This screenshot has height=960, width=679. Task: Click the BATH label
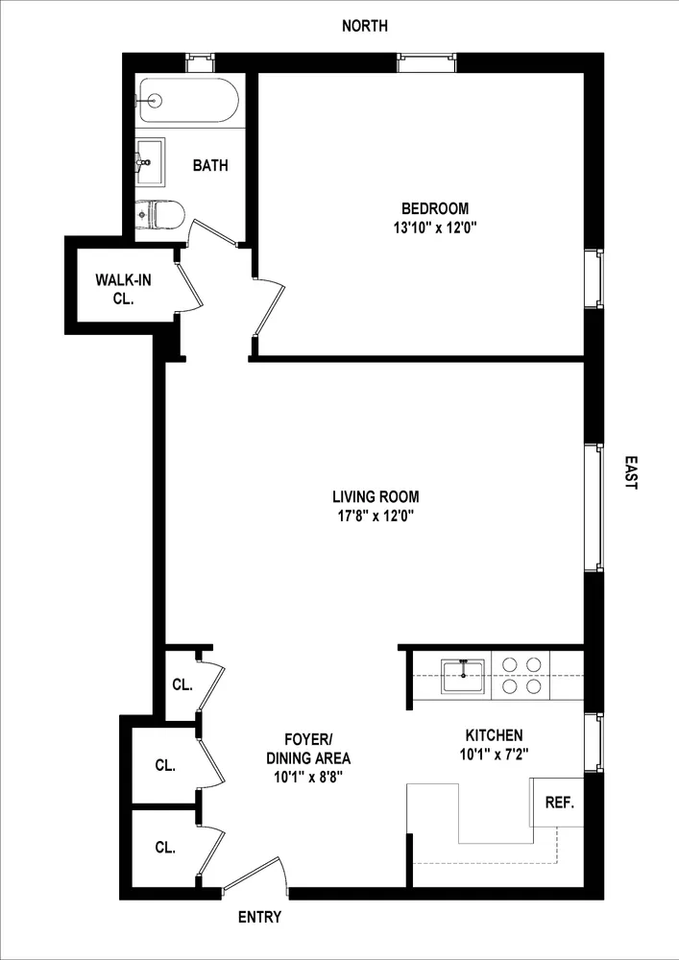coord(210,165)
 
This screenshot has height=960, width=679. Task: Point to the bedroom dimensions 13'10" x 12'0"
coord(434,228)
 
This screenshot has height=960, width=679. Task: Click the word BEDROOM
coord(434,208)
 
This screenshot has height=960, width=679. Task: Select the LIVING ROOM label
coord(376,497)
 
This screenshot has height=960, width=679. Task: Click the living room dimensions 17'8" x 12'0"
coord(376,516)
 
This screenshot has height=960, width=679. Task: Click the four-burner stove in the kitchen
coord(520,674)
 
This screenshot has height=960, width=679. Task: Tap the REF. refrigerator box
coord(558,803)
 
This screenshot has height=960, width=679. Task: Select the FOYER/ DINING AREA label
coord(308,749)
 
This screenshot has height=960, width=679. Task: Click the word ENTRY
coord(259,918)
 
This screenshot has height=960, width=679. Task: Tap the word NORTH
coord(365,26)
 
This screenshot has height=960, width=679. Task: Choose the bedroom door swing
coord(272,307)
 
